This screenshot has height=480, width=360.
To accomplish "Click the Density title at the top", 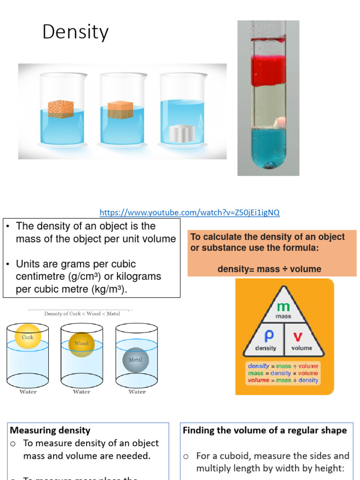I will click(75, 32).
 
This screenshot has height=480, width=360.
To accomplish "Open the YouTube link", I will click(189, 212).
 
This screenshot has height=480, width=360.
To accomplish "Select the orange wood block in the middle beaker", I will click(120, 110).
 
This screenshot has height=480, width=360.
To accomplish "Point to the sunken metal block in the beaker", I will click(181, 134).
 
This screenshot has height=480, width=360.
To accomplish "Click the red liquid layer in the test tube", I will click(268, 71).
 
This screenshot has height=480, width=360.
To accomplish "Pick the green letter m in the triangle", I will click(283, 307).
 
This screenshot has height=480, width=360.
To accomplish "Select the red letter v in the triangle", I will click(298, 337).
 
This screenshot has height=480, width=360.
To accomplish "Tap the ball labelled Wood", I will click(82, 344).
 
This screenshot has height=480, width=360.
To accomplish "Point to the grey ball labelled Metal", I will click(135, 360).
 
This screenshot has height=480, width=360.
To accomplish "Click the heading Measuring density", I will click(50, 430).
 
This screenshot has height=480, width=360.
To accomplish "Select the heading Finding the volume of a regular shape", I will click(265, 430).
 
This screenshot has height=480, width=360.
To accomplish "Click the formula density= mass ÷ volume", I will click(270, 269).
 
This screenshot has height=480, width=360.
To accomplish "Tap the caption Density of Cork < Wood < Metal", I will click(82, 314).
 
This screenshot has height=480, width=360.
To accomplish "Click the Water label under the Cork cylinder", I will click(28, 392).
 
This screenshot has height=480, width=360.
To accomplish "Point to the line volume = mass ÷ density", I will click(283, 380).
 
